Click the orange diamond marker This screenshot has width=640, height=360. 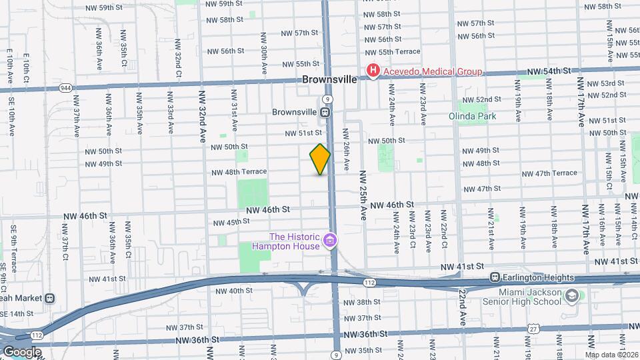pos(320,159)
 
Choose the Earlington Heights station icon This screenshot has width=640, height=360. pos(495,277)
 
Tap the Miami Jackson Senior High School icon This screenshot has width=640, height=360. pos(571,295)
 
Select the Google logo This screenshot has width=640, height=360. pos(22,351)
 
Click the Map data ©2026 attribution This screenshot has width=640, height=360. pos(611,354)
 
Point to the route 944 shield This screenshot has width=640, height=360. pos(65,87)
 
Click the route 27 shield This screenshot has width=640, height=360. pos(533,329)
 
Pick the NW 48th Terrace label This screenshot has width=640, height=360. pos(239,172)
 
